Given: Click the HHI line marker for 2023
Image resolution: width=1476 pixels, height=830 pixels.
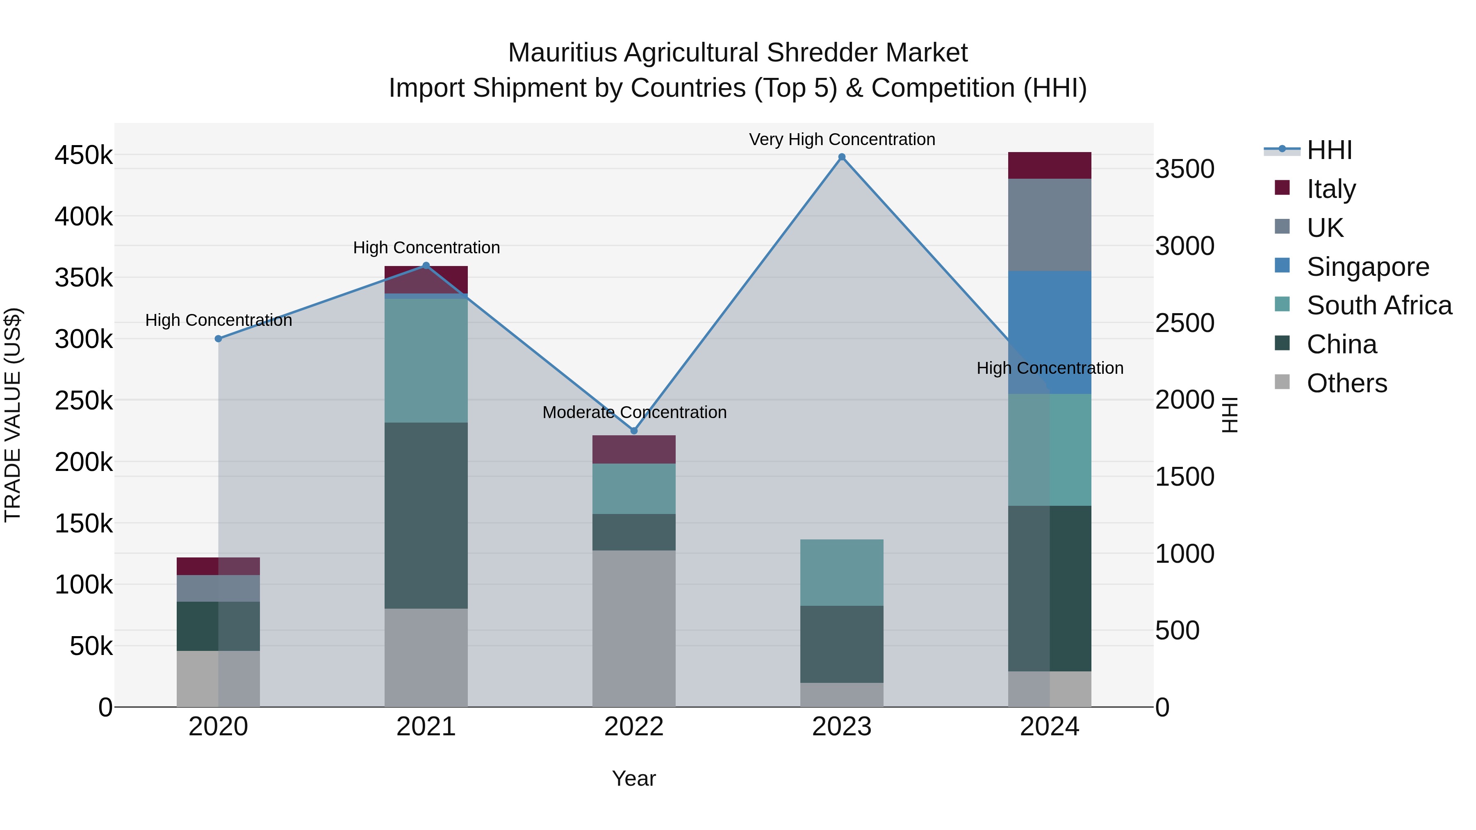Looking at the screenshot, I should (x=842, y=157).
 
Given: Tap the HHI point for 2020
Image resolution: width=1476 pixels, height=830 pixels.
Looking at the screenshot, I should (x=218, y=339).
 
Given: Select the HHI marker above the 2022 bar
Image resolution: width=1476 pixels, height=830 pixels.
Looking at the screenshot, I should (x=634, y=431).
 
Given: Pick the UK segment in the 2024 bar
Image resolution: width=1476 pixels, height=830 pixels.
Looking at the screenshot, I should (x=1050, y=225).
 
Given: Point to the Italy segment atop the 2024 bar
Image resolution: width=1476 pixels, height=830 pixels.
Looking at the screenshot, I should (x=1050, y=166).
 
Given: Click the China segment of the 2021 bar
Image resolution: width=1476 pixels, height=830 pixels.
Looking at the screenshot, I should (x=426, y=516).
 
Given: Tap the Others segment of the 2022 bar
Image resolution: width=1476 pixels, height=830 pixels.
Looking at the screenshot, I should (x=634, y=628).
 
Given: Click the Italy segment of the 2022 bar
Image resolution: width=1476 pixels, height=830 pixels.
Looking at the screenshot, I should (x=634, y=449).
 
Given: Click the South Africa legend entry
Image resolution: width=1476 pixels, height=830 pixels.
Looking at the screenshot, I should (x=1378, y=306).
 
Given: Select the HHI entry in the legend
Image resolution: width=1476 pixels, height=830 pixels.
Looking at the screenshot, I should (x=1329, y=150).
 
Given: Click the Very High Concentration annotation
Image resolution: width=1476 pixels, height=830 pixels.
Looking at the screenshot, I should (x=842, y=139).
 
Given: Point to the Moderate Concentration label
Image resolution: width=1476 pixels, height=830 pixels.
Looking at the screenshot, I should (x=634, y=412).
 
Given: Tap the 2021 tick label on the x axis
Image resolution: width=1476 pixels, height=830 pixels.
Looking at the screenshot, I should (x=426, y=727).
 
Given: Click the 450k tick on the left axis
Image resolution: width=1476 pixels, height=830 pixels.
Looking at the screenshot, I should (x=84, y=155).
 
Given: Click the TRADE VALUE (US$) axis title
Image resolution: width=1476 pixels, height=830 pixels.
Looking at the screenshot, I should (x=13, y=415).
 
